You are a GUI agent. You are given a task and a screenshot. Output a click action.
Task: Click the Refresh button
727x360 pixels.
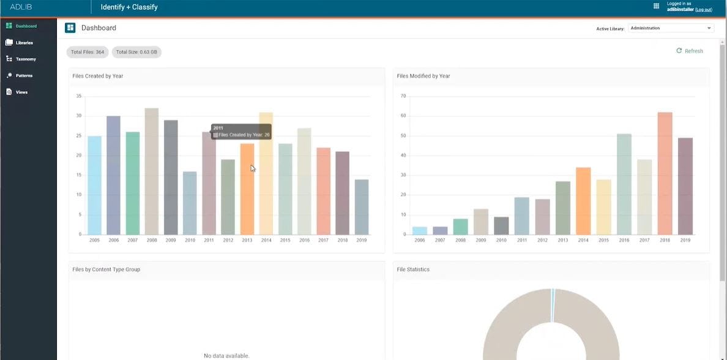coord(690,51)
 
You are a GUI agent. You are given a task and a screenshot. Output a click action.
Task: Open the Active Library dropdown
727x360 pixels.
coord(671,28)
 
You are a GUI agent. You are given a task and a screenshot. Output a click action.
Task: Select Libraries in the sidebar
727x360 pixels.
coord(24,43)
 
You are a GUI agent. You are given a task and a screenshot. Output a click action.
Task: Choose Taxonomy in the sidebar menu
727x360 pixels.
coord(25,59)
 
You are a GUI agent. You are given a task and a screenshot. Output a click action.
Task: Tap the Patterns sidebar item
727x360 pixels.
coord(24,76)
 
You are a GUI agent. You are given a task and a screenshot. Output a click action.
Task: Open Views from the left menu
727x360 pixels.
coord(21,92)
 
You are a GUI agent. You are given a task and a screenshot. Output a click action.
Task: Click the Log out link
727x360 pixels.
coord(703,10)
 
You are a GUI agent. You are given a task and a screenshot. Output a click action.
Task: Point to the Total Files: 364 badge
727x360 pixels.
coord(88,52)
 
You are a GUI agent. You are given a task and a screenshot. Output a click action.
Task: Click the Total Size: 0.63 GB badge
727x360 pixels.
coord(136,52)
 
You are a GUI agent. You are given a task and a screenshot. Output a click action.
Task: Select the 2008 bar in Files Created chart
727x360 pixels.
coord(152,171)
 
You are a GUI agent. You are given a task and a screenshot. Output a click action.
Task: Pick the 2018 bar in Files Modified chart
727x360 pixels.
coord(665,173)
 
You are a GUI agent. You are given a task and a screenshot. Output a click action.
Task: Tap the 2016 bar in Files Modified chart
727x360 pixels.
coord(624,184)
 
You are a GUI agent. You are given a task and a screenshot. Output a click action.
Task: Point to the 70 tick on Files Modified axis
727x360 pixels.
coord(403,96)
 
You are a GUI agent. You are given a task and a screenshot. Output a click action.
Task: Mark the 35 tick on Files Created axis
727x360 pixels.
coord(79,96)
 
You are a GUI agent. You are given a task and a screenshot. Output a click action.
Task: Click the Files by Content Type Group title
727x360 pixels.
coord(106,269)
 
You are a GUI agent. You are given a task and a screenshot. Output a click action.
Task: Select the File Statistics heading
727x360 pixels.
coord(413,269)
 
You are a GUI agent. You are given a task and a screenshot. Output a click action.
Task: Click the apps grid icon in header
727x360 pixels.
coord(656,6)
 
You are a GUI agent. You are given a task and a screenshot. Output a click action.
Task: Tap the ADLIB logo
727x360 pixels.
coord(21,7)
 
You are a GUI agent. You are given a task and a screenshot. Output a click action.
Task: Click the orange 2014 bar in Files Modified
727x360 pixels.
coord(583,201)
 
